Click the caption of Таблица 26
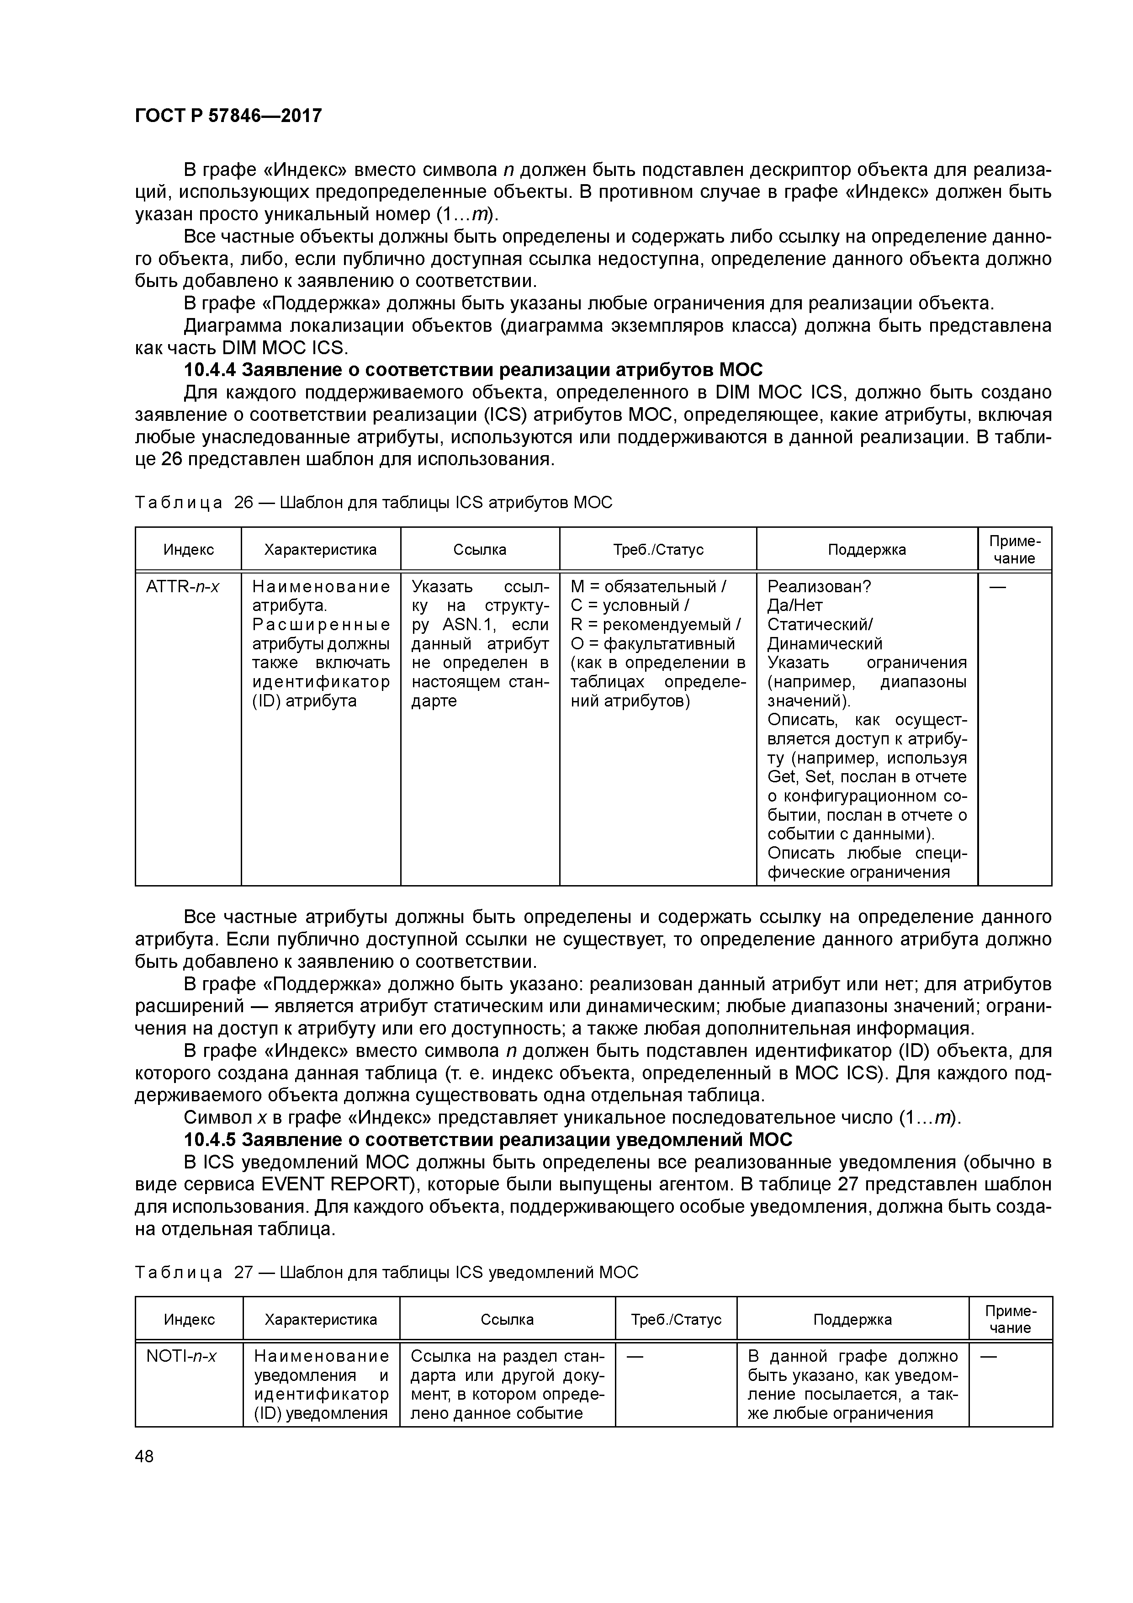click(373, 502)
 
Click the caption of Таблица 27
click(386, 1272)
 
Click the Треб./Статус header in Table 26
click(657, 549)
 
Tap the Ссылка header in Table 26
click(480, 549)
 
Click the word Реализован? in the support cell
click(819, 586)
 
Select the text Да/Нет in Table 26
click(794, 605)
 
